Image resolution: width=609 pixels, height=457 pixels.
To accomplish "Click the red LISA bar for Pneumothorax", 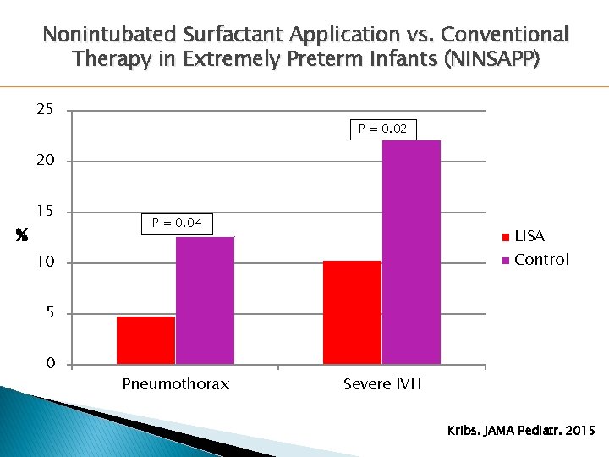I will (145, 340).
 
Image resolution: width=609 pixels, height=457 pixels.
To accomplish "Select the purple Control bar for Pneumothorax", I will (205, 300).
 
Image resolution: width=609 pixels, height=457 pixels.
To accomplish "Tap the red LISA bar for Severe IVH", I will (352, 312).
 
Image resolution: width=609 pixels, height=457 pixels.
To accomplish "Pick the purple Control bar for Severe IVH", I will (411, 252).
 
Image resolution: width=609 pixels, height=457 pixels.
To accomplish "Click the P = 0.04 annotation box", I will (177, 223).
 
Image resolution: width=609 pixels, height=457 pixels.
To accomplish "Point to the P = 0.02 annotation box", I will (382, 129).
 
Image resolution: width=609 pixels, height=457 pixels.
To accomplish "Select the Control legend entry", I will (535, 260).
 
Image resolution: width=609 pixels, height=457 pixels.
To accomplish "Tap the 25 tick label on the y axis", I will (44, 110).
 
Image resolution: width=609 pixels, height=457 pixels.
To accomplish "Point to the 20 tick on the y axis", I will (44, 161).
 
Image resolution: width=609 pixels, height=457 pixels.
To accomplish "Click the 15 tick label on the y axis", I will (44, 212).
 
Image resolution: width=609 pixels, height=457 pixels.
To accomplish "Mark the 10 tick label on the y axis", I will (44, 262).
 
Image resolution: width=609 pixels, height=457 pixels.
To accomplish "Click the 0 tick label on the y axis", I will (50, 364).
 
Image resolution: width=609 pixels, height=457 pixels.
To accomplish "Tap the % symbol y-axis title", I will (21, 239).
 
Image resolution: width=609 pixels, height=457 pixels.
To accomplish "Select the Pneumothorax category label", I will (176, 384).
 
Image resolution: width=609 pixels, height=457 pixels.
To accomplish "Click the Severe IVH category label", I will (382, 384).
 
